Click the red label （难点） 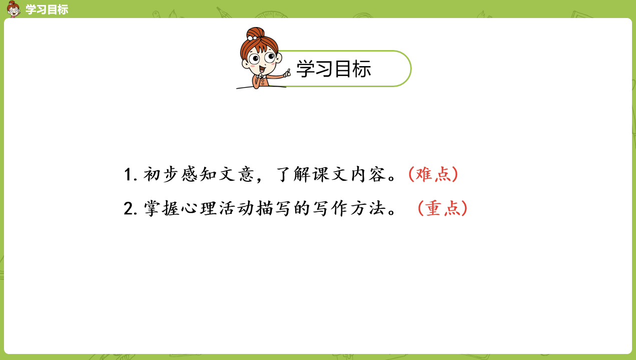(433, 174)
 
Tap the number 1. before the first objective (131, 174)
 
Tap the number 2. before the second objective (131, 209)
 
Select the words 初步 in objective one (161, 174)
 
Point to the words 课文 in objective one (330, 174)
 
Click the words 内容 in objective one (368, 174)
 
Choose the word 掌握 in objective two (162, 208)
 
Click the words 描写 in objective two (274, 208)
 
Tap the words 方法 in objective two (368, 208)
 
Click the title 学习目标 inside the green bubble (334, 69)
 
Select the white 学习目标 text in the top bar (47, 10)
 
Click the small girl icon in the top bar (14, 9)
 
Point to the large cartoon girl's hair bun (255, 34)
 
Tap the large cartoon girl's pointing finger (288, 73)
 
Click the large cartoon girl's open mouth (262, 69)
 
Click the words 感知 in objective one (199, 174)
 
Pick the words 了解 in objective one (292, 174)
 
